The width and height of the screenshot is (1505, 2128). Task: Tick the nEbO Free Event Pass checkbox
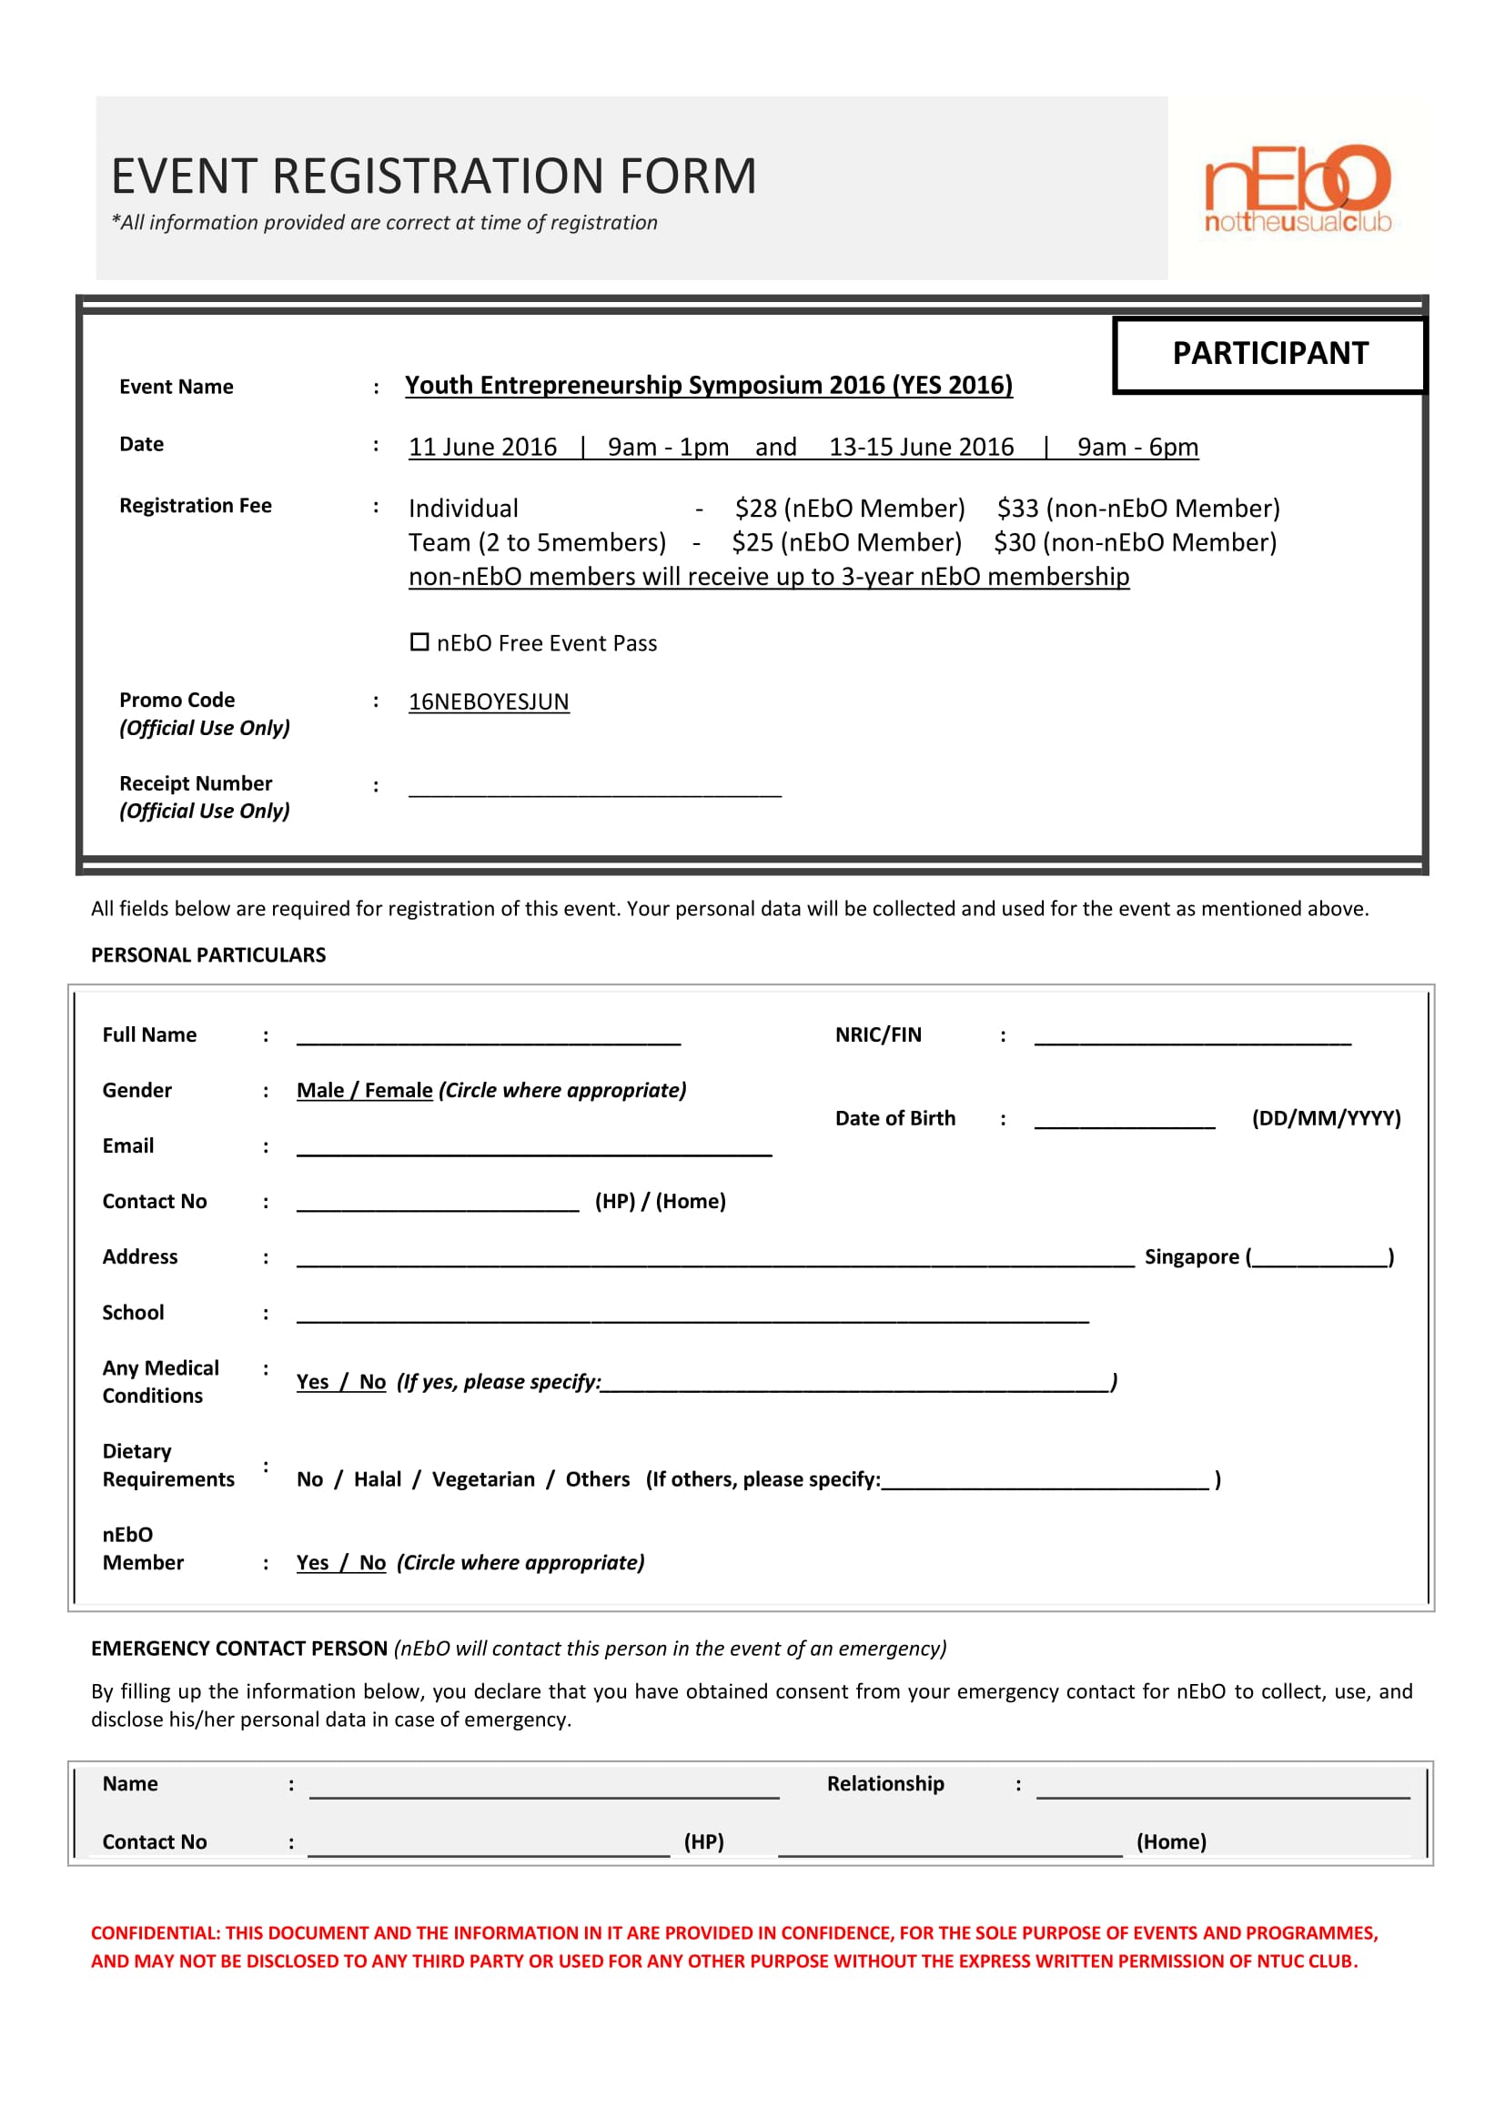(x=419, y=641)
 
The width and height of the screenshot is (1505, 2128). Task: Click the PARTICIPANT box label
(x=1269, y=353)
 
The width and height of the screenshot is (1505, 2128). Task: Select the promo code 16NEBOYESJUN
(x=489, y=701)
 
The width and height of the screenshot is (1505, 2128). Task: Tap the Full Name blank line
(x=489, y=1038)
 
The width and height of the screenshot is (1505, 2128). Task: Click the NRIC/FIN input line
(x=1192, y=1038)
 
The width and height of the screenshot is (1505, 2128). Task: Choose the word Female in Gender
(x=399, y=1090)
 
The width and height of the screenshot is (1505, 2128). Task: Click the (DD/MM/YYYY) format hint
(x=1325, y=1118)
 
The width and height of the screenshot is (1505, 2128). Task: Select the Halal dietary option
(x=378, y=1479)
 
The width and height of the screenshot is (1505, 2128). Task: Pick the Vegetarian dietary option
(x=483, y=1479)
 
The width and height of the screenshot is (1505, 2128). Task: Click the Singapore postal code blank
(x=1318, y=1258)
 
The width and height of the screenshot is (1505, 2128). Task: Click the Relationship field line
(x=1222, y=1790)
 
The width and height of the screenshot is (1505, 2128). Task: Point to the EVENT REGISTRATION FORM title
(x=434, y=176)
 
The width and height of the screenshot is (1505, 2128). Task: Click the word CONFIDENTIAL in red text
(x=154, y=1933)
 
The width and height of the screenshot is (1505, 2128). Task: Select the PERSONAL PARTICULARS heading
(x=208, y=954)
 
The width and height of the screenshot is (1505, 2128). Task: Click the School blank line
(x=692, y=1316)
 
